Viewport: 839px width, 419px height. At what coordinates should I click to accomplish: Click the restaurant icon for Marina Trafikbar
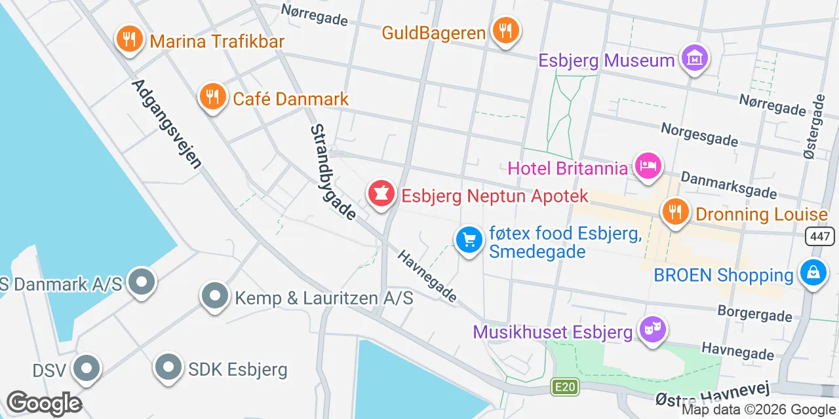(x=129, y=39)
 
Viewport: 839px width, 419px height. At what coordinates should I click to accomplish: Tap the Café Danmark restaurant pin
(x=212, y=97)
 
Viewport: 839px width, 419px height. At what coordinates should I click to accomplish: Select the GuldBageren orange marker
(x=505, y=30)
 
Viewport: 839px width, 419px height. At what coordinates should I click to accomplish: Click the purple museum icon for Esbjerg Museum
(x=694, y=58)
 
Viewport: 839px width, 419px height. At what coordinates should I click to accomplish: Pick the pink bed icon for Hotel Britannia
(x=648, y=166)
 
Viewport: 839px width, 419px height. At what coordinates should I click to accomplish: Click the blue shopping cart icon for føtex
(x=469, y=240)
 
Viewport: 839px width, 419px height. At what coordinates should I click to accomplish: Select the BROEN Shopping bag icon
(x=813, y=272)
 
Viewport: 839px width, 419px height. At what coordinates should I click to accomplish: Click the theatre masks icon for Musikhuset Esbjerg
(x=652, y=329)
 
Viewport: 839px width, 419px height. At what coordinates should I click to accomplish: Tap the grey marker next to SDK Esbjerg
(x=168, y=367)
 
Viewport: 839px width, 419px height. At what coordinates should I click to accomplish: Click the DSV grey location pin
(x=87, y=368)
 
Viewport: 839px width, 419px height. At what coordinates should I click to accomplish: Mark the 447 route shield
(x=822, y=236)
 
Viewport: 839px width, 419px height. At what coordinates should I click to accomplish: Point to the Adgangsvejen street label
(x=166, y=124)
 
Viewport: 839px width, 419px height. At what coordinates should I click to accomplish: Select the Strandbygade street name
(x=333, y=172)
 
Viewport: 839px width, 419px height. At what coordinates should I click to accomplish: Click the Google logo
(x=45, y=404)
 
